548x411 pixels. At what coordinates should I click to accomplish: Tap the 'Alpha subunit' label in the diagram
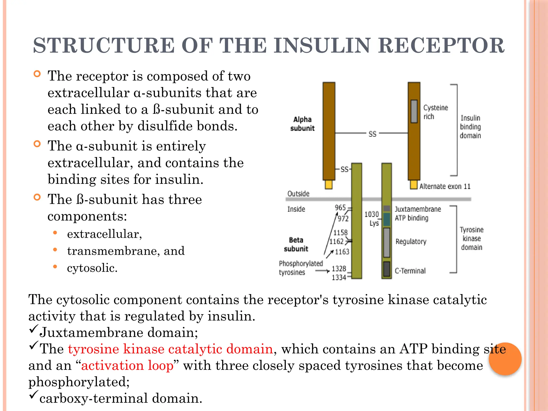302,124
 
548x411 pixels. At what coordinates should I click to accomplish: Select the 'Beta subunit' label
296,244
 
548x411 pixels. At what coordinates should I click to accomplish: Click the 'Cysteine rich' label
435,112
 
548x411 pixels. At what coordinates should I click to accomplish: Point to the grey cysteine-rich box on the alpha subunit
414,111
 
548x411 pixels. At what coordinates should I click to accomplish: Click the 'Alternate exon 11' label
445,186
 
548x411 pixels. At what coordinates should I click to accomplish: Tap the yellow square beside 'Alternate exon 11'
414,185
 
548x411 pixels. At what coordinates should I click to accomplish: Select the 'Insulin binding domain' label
470,127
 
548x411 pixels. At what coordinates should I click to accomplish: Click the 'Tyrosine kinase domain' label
471,238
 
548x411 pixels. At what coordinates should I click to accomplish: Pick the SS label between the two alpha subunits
372,134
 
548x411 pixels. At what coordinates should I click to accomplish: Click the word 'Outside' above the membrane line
298,193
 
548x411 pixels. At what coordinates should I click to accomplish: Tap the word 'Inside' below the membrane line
296,209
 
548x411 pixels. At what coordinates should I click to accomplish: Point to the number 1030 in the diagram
372,214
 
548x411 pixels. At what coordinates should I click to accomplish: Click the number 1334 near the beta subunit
339,277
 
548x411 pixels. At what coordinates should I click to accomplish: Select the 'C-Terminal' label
410,271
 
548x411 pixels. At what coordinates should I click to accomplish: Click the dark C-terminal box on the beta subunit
386,269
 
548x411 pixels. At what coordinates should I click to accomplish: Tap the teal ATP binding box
386,219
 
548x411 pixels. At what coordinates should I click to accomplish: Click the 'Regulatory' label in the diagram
411,242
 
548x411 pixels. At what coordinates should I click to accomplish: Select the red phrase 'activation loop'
127,366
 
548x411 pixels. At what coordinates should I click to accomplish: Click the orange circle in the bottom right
505,359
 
